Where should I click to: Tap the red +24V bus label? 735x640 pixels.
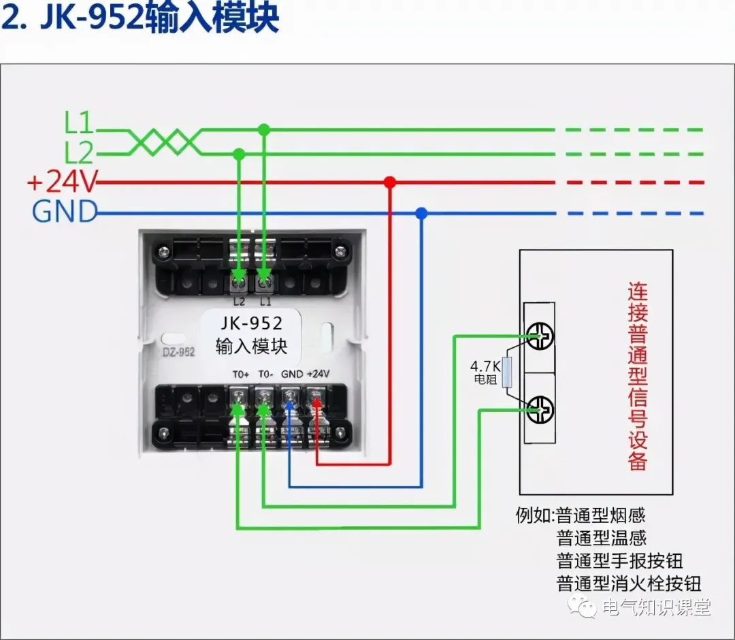[x=63, y=182]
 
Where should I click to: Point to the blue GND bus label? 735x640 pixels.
[x=65, y=212]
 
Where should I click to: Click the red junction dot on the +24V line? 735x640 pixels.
[x=389, y=182]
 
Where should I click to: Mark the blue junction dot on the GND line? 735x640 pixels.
[x=421, y=213]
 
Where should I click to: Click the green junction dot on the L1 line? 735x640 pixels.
[x=264, y=129]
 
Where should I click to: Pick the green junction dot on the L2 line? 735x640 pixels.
[x=239, y=154]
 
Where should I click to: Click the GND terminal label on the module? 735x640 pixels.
[x=292, y=374]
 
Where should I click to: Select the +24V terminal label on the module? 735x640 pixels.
[x=318, y=374]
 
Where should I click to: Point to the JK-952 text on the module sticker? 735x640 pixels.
[x=249, y=323]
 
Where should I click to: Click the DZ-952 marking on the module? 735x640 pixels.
[x=179, y=352]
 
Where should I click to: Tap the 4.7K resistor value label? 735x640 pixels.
[x=486, y=365]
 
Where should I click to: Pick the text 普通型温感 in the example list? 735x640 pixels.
[x=601, y=539]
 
